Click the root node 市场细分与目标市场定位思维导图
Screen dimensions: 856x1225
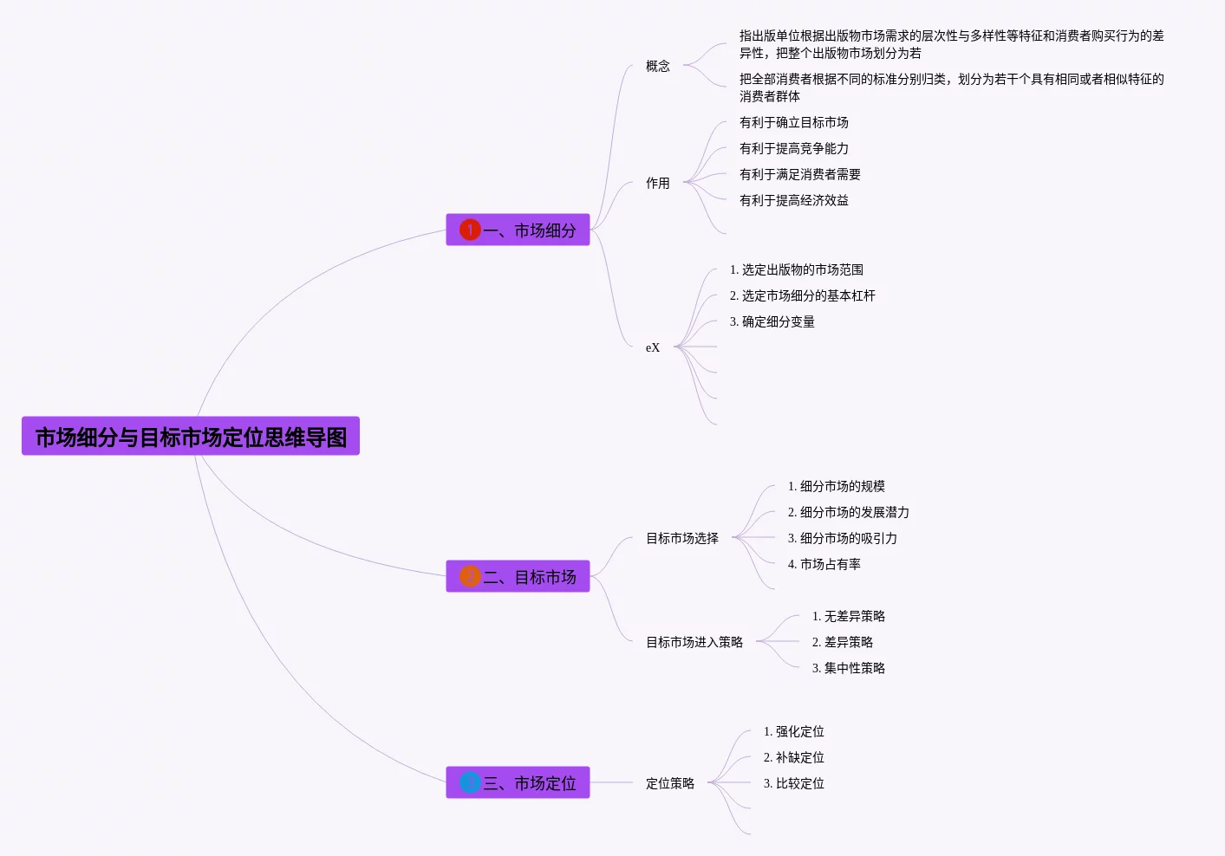pos(191,437)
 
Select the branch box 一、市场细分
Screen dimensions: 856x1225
pos(518,230)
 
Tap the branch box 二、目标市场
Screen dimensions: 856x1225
pos(518,577)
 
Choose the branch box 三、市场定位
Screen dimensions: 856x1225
pos(518,783)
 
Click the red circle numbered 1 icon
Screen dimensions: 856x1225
pos(470,230)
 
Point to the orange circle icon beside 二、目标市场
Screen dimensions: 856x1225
pos(470,577)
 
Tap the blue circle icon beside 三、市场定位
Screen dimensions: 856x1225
pos(470,783)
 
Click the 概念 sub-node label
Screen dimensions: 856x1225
pos(657,66)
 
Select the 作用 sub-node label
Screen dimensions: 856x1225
pos(657,183)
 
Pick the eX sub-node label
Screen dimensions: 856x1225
pos(653,347)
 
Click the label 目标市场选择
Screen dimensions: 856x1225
pos(682,538)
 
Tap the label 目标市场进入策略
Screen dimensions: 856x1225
pos(694,642)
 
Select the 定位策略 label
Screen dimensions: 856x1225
pos(670,783)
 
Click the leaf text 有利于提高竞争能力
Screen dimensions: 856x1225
pos(793,148)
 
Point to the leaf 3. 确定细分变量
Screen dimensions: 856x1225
pos(772,321)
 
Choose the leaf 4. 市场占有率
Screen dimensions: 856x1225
pos(824,564)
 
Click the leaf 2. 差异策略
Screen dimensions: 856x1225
pos(842,642)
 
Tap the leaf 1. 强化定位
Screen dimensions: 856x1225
pos(793,731)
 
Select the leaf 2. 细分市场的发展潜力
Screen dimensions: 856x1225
pos(848,512)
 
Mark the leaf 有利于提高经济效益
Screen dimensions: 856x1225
pos(793,200)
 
